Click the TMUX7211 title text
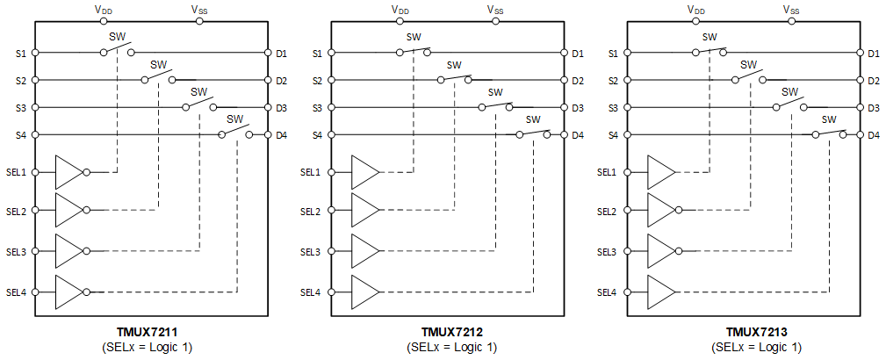pos(148,333)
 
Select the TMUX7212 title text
pos(451,333)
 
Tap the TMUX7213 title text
pos(756,333)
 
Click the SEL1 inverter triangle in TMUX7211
pos(68,172)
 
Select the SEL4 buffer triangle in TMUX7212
pos(364,292)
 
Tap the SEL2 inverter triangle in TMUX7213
pos(660,212)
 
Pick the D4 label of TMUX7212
pos(578,135)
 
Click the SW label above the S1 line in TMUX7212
pos(413,37)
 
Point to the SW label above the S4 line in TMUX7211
pos(234,119)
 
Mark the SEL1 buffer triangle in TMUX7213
pos(660,172)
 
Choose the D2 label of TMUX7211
pos(282,81)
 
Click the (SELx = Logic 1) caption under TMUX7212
pos(451,348)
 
